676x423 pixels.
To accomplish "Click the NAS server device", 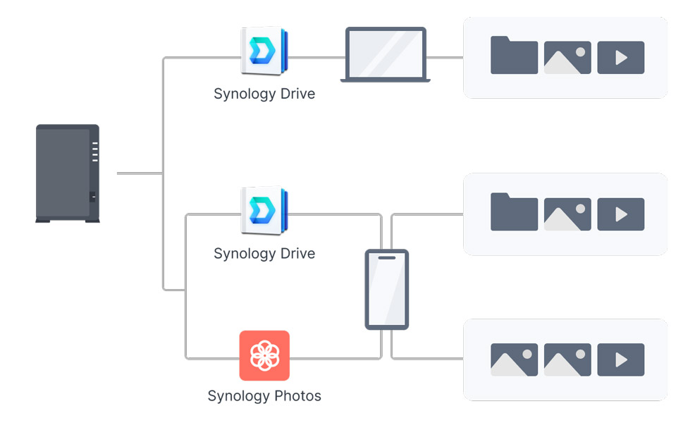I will tap(68, 173).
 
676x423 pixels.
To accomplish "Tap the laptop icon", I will tap(385, 54).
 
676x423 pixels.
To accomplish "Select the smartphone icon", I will tap(386, 289).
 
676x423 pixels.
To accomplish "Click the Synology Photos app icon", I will tap(264, 355).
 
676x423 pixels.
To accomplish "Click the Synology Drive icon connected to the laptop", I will tap(264, 51).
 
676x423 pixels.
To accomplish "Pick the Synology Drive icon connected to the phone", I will tap(264, 211).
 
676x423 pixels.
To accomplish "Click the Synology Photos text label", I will tap(264, 396).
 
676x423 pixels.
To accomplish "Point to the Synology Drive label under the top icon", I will tap(264, 94).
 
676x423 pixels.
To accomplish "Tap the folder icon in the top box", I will tap(514, 56).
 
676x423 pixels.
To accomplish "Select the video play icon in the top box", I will tap(620, 58).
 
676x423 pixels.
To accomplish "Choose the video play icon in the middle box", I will tap(620, 214).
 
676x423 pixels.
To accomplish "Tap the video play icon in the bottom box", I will tap(620, 360).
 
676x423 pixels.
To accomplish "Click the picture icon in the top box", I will tap(567, 58).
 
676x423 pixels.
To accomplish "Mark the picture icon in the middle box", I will tap(567, 214).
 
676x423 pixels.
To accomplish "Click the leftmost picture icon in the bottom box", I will tap(514, 360).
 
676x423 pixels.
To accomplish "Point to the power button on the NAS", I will tap(92, 197).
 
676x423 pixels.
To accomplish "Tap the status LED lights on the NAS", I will tap(94, 152).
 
